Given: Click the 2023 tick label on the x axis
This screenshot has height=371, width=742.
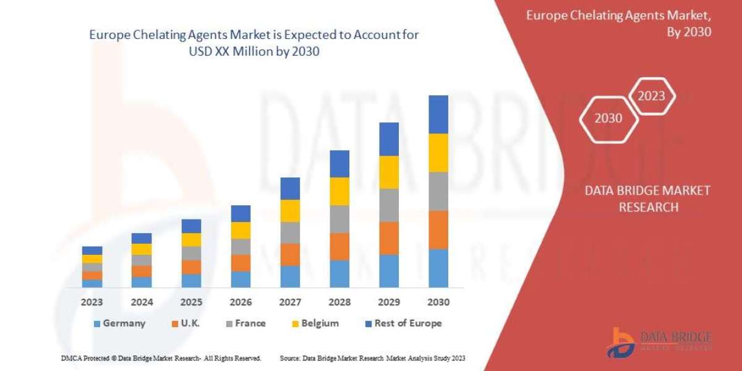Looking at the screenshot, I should coord(92,303).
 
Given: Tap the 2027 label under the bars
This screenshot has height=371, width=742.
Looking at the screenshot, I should coord(290,303).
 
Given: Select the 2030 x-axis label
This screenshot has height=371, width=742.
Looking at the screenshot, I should coord(438,303).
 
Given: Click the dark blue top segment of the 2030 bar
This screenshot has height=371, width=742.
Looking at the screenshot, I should coord(438,114).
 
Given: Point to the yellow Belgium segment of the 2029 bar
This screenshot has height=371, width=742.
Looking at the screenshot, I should coord(389,172).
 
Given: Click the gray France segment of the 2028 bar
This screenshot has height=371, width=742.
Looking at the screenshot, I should coord(339,219).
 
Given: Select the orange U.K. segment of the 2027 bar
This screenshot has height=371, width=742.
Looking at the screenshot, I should coord(290,254).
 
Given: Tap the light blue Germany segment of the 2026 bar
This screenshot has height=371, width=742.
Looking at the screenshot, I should coord(241,279).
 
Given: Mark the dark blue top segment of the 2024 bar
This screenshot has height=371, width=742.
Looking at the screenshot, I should coord(142,238).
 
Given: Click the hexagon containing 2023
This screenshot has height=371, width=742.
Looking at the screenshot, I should coord(651,96).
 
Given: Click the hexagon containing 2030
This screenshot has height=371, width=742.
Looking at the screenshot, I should coord(608,118).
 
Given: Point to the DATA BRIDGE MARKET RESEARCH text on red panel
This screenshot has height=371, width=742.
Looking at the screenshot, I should coord(647,198).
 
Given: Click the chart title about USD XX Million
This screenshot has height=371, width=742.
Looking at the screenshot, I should coord(254,43).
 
